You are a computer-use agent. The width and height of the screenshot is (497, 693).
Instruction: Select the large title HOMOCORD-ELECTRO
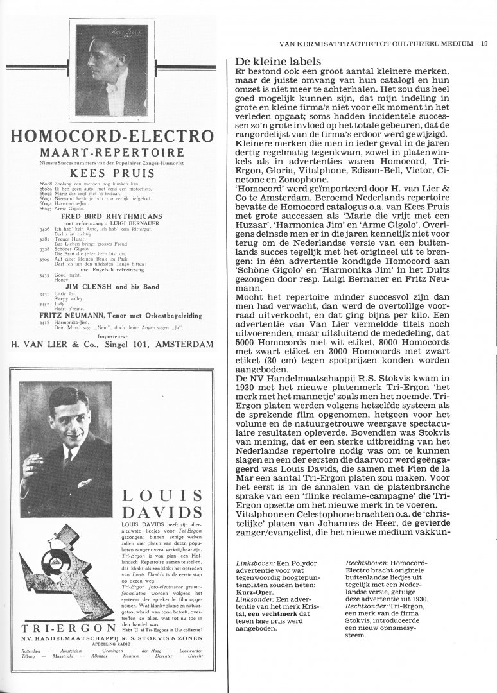(x=111, y=136)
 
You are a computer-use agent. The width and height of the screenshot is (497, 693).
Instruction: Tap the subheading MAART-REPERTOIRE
(x=111, y=153)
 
